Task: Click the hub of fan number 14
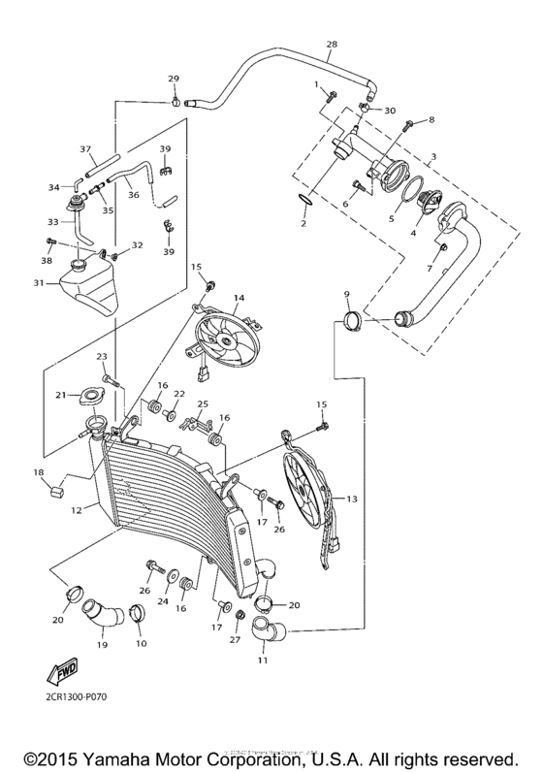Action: [224, 340]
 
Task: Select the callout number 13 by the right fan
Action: [351, 499]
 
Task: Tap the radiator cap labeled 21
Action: [93, 395]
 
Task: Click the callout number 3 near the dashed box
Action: [433, 155]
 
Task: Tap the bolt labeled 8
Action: [408, 124]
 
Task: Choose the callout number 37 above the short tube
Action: [84, 150]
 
